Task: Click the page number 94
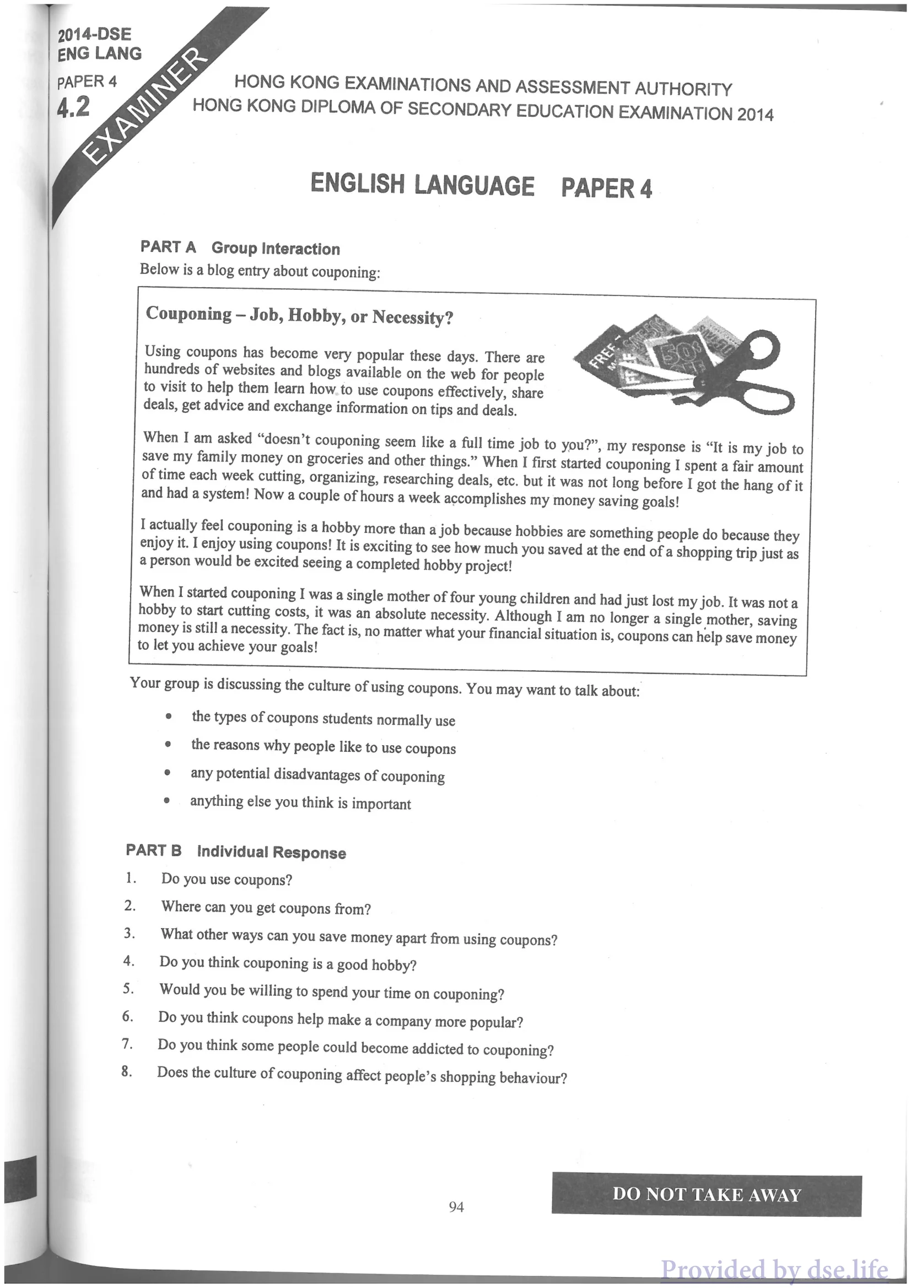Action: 456,1206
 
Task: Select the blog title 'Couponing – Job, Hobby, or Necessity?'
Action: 300,316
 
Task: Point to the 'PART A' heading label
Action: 168,247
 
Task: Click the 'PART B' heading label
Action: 154,850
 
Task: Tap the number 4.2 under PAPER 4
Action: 73,106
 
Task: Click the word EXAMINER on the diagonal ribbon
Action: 145,107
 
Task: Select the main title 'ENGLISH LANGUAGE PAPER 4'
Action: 481,186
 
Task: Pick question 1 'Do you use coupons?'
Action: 227,880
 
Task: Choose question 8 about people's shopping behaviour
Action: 362,1075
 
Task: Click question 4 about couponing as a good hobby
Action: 288,963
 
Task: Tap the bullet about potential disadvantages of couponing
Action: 317,775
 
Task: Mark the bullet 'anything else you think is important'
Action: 301,803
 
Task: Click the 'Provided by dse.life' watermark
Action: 774,1269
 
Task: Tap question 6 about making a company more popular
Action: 341,1020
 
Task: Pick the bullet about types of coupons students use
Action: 323,719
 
